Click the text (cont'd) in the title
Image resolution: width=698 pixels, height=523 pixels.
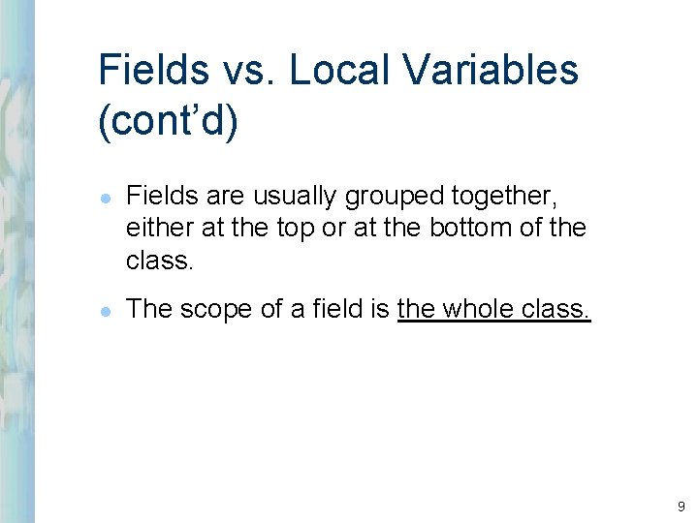click(x=167, y=123)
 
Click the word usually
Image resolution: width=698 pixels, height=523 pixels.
click(x=289, y=197)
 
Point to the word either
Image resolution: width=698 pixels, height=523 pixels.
click(x=154, y=228)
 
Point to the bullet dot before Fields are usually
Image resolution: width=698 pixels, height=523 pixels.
click(x=105, y=198)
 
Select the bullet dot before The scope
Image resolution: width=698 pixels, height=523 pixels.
click(x=105, y=309)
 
